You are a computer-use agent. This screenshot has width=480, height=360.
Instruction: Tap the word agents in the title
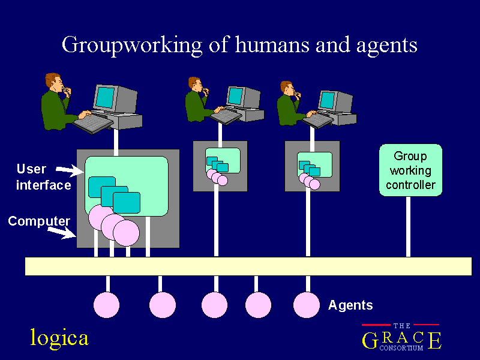tap(386, 46)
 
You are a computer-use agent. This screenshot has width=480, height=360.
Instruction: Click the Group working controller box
tap(410, 170)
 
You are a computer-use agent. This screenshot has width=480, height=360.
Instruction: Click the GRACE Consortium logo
tap(401, 337)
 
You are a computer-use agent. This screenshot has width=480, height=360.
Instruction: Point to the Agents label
tap(350, 305)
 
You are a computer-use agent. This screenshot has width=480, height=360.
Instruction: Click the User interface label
tap(43, 177)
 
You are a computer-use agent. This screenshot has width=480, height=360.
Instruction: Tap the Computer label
tap(39, 221)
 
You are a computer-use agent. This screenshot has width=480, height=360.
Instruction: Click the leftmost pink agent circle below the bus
tap(106, 305)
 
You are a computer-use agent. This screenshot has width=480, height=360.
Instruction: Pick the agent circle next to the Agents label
tap(307, 305)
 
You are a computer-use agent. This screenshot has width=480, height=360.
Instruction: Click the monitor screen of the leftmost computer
tap(106, 97)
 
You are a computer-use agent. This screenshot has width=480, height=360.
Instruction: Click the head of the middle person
tap(195, 84)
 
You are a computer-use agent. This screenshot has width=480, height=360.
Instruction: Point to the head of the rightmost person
tap(287, 88)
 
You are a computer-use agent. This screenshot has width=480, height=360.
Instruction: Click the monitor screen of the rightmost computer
tap(327, 100)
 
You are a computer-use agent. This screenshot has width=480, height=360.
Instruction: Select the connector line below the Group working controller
tap(408, 227)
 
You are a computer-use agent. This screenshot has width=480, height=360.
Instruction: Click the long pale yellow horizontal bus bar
tap(248, 266)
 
